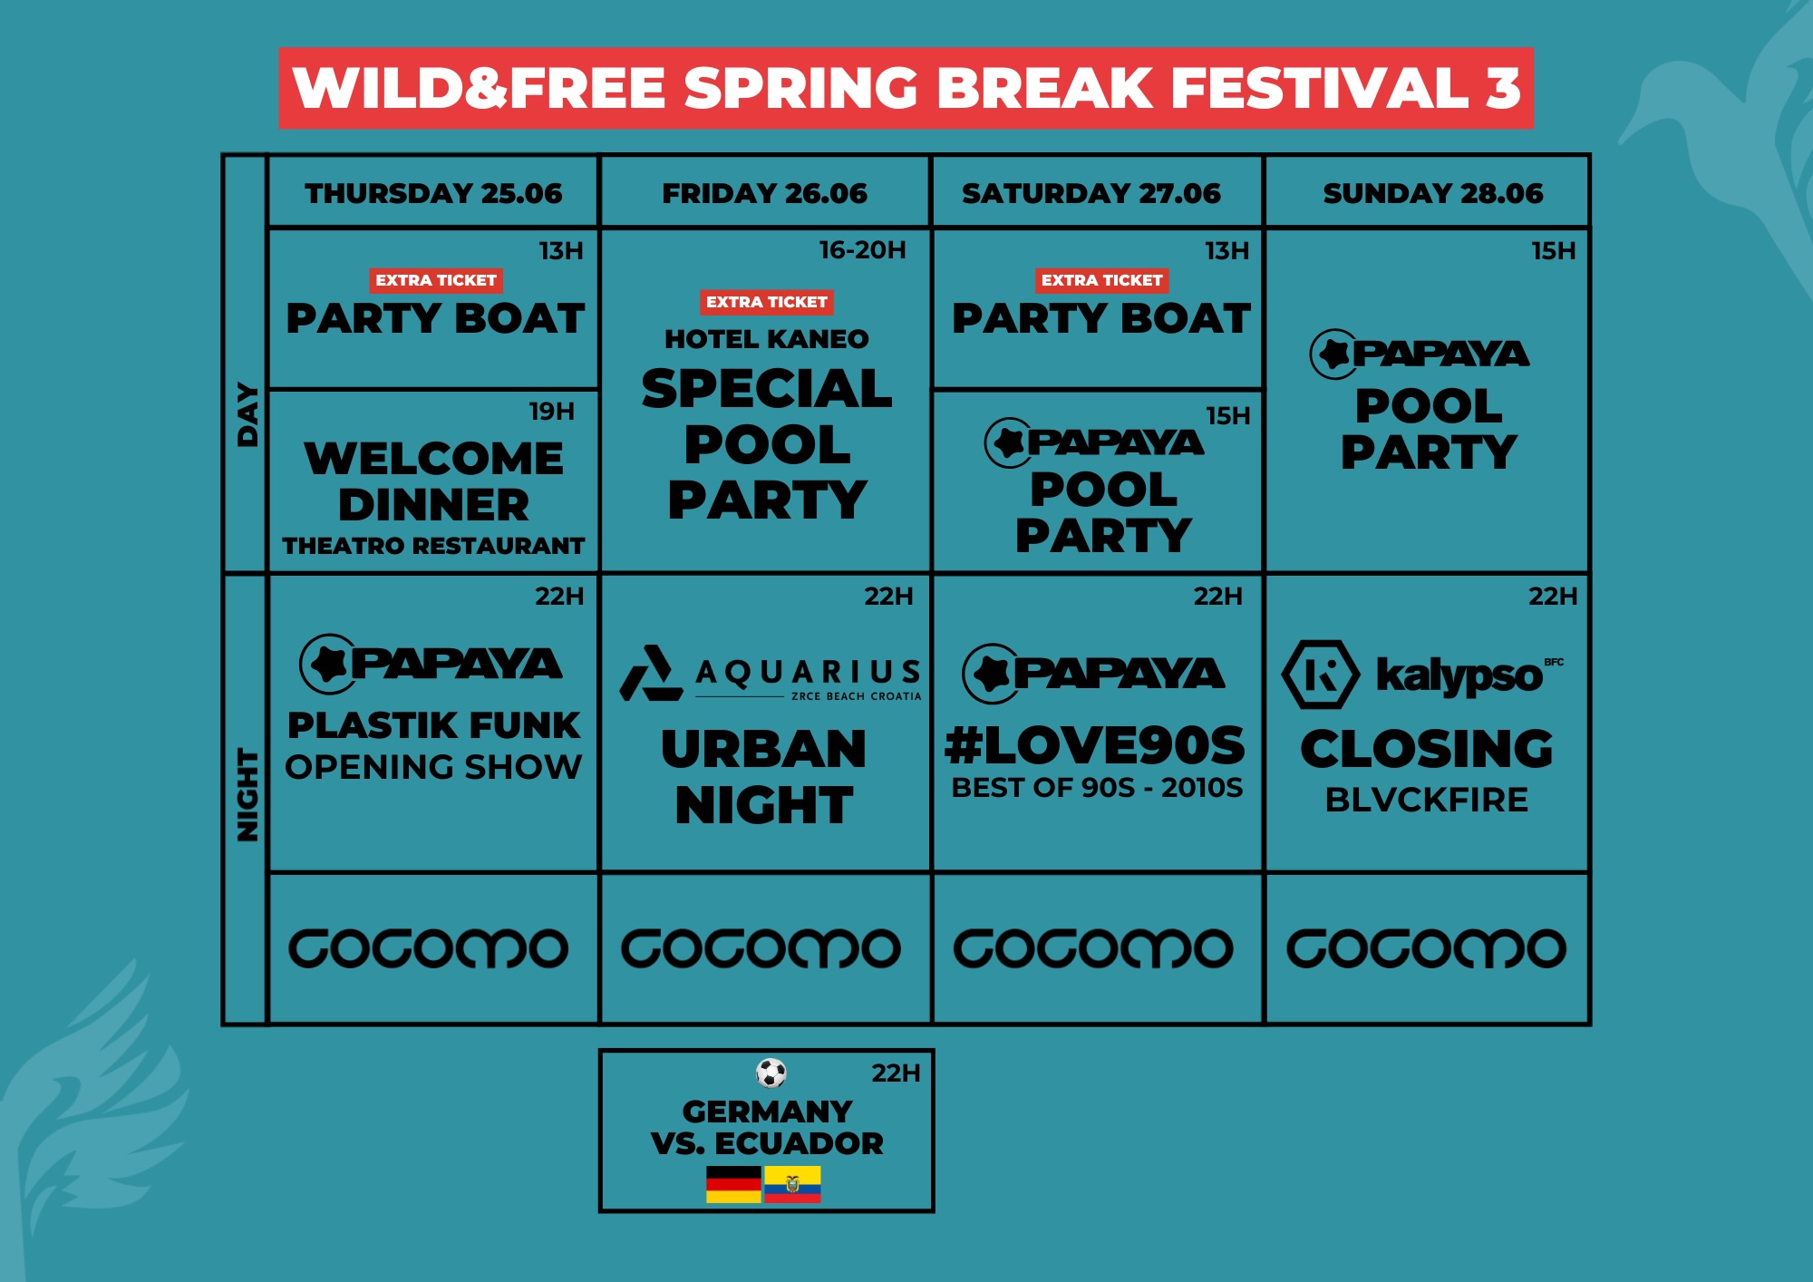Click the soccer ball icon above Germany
pyautogui.click(x=771, y=1073)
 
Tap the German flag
pyautogui.click(x=733, y=1184)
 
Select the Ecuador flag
pyautogui.click(x=792, y=1184)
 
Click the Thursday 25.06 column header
pyautogui.click(x=433, y=193)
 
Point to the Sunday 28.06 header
pyautogui.click(x=1432, y=193)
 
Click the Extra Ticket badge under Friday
pyautogui.click(x=766, y=302)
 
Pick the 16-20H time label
pyautogui.click(x=862, y=250)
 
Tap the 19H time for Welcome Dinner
pyautogui.click(x=551, y=412)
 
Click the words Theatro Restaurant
pyautogui.click(x=433, y=546)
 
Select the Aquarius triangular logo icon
pyautogui.click(x=650, y=675)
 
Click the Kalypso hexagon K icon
pyautogui.click(x=1320, y=675)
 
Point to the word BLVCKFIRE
pyautogui.click(x=1426, y=800)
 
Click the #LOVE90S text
pyautogui.click(x=1095, y=745)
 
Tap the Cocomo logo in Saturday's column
pyautogui.click(x=1093, y=948)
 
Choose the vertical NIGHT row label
pyautogui.click(x=247, y=794)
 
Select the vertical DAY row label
pyautogui.click(x=247, y=415)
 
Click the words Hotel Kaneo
pyautogui.click(x=766, y=339)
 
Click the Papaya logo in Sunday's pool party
pyautogui.click(x=1420, y=354)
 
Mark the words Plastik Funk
pyautogui.click(x=433, y=725)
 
